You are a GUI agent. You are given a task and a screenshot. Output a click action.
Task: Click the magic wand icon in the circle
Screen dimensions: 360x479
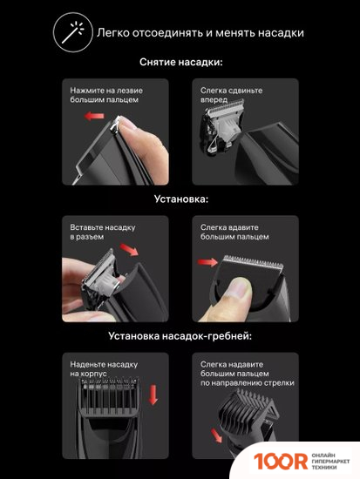(x=73, y=32)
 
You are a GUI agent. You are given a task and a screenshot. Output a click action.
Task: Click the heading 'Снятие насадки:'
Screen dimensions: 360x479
(x=181, y=62)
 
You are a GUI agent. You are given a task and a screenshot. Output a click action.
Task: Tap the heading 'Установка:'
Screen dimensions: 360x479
(x=181, y=199)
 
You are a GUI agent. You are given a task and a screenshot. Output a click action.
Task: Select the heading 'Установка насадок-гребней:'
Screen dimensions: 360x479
(x=180, y=336)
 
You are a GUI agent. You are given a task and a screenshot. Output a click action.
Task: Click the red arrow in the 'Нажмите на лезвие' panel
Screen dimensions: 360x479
(x=94, y=116)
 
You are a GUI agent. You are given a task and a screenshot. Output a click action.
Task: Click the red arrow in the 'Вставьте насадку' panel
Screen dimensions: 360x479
(x=129, y=250)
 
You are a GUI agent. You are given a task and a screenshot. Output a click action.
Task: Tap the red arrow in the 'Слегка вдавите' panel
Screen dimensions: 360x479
(x=207, y=262)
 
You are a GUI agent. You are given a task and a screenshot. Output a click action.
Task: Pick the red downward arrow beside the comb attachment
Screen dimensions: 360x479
(x=153, y=395)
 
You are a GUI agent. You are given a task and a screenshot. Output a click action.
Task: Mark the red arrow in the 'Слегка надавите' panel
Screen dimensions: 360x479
(x=216, y=435)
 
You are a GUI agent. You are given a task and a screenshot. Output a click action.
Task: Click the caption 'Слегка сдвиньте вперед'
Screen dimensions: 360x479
(x=231, y=95)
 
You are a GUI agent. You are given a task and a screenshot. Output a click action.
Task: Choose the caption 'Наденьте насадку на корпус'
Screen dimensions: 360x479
(x=104, y=368)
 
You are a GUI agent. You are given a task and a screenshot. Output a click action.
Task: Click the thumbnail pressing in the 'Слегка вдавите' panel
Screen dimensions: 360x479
(x=240, y=287)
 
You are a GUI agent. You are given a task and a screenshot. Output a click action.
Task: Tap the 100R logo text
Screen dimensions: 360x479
(x=281, y=462)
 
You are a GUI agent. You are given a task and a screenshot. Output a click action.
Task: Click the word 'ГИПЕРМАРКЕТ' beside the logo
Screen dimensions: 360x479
(x=330, y=462)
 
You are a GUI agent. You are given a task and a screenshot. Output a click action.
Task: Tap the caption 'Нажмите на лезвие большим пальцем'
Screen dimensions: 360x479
(x=106, y=95)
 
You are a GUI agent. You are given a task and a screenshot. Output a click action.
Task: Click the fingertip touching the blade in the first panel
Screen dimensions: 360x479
(x=128, y=125)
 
